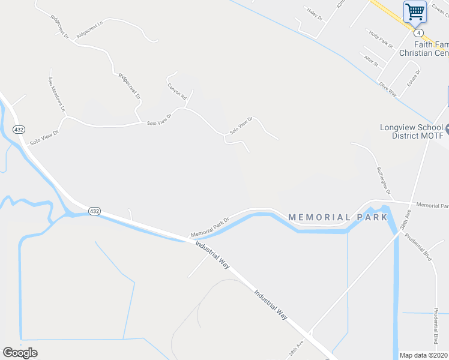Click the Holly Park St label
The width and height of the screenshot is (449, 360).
(381, 40)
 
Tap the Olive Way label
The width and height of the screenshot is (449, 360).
(388, 89)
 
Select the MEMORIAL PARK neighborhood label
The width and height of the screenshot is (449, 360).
(338, 217)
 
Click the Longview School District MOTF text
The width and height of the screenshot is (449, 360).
(412, 131)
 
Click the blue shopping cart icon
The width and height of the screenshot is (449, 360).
(414, 11)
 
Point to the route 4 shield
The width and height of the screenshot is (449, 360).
(419, 32)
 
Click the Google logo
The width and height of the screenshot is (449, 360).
(20, 353)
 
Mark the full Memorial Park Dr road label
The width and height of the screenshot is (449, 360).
(210, 226)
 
